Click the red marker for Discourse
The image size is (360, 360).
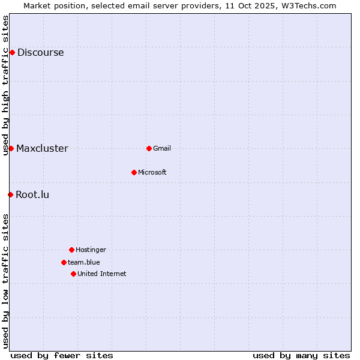(x=12, y=52)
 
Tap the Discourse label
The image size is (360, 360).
(x=40, y=52)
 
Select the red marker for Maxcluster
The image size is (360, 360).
(x=11, y=148)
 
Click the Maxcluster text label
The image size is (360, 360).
(x=42, y=148)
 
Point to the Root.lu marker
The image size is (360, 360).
(x=10, y=194)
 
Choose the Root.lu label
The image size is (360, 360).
(x=32, y=194)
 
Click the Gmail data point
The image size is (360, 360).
(x=149, y=148)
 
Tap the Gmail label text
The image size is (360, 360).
(x=162, y=148)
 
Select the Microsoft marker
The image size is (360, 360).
(x=134, y=172)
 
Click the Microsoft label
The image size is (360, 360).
(x=152, y=172)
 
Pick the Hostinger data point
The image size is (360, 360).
(x=71, y=250)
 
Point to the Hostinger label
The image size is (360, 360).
(x=91, y=250)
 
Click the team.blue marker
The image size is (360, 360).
(x=64, y=262)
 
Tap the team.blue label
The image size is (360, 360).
(x=83, y=262)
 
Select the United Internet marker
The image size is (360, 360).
(x=73, y=274)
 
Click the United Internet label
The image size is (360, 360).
(x=101, y=274)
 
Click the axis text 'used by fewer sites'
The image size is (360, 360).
(x=62, y=355)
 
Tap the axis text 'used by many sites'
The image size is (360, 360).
(x=301, y=355)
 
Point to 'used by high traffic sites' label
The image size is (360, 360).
(x=5, y=85)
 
